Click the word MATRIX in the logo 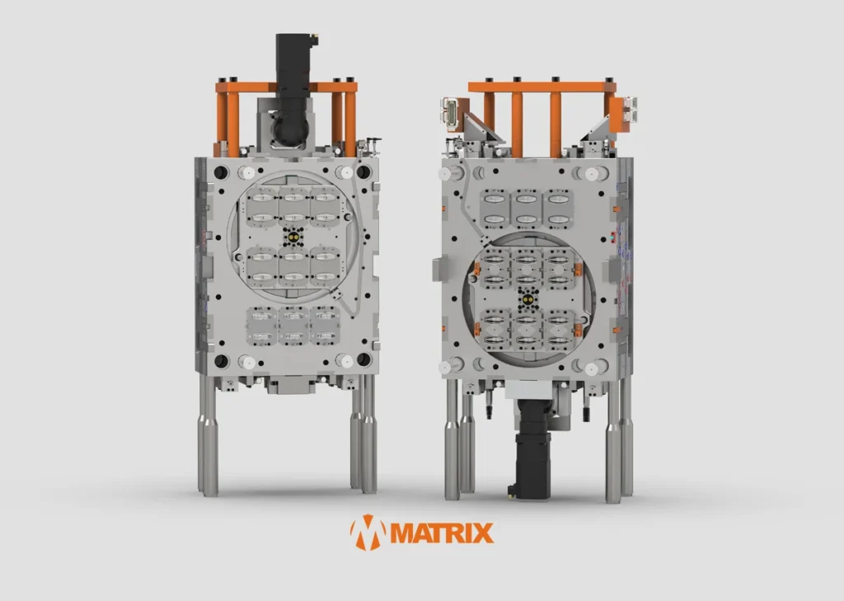coord(442,533)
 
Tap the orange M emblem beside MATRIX coord(368,533)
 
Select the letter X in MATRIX coord(483,533)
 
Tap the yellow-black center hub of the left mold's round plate coord(293,236)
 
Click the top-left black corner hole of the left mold coord(221,173)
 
